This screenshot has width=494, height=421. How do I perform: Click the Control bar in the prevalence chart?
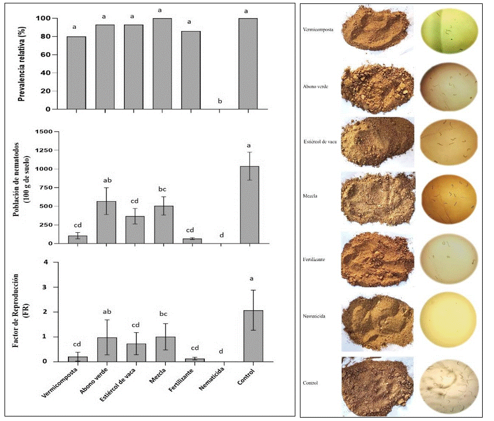tap(248, 63)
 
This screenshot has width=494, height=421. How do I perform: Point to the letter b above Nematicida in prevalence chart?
tap(220, 102)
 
